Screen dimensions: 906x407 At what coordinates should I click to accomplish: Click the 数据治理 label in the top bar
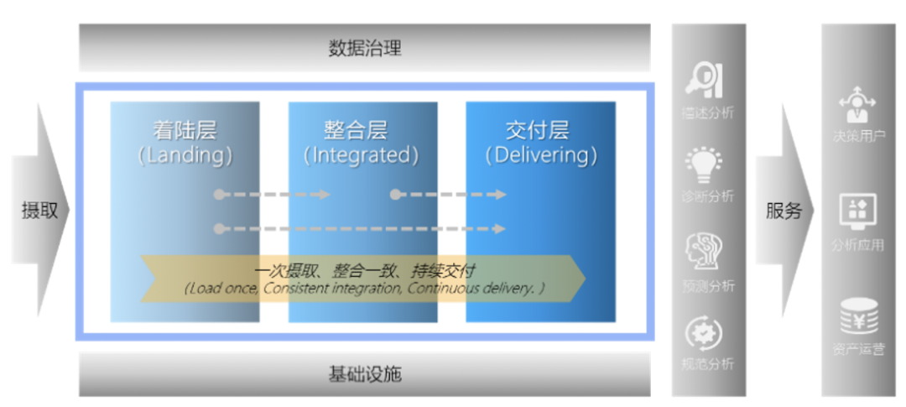[x=364, y=48]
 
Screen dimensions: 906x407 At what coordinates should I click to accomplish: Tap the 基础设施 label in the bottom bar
[x=364, y=373]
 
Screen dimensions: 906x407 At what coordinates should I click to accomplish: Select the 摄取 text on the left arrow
[x=39, y=211]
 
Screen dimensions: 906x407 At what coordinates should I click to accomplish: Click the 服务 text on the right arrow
[x=784, y=211]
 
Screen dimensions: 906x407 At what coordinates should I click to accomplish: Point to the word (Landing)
[x=185, y=155]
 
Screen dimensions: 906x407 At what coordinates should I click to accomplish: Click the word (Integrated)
[x=362, y=155]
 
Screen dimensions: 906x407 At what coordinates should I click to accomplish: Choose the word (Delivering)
[x=541, y=155]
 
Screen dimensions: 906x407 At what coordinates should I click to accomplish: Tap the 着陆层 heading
[x=185, y=130]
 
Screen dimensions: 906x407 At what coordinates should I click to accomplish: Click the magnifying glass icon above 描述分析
[x=705, y=81]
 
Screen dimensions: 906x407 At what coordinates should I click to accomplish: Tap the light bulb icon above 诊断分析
[x=705, y=164]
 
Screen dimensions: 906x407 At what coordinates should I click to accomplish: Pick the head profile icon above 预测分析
[x=705, y=252]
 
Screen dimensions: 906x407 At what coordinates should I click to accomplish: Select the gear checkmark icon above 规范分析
[x=705, y=333]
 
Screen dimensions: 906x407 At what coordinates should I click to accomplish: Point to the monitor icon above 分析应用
[x=857, y=211]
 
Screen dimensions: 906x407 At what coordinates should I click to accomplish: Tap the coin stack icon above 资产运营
[x=857, y=318]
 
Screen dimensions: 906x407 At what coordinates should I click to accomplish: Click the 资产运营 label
[x=858, y=349]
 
